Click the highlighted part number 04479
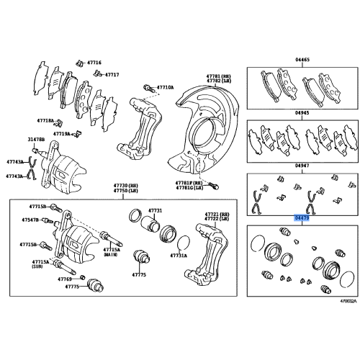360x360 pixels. (302, 217)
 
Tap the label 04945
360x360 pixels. (302, 113)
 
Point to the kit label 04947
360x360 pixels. (302, 165)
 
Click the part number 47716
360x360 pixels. (94, 63)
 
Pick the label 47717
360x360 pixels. (112, 74)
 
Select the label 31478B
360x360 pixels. (36, 139)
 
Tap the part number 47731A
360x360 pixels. (178, 256)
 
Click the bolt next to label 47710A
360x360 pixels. (148, 87)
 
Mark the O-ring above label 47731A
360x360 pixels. (183, 241)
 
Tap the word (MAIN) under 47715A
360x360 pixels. (110, 255)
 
